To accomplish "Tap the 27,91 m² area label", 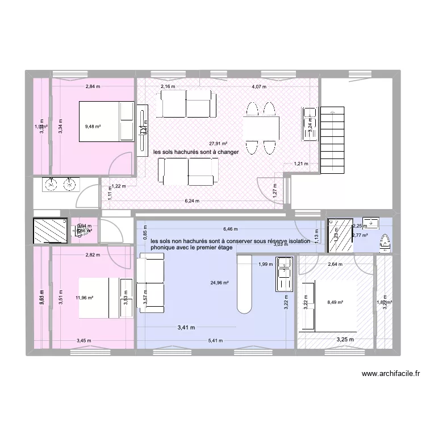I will (x=218, y=144).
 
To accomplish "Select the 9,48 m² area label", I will (x=93, y=127).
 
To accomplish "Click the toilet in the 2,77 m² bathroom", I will (x=385, y=243).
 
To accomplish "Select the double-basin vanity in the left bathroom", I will (x=59, y=185).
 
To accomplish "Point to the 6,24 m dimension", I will (x=192, y=201).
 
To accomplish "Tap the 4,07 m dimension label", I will (x=259, y=87).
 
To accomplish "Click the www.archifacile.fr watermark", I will (x=390, y=374).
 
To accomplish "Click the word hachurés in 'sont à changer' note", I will (x=190, y=152).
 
